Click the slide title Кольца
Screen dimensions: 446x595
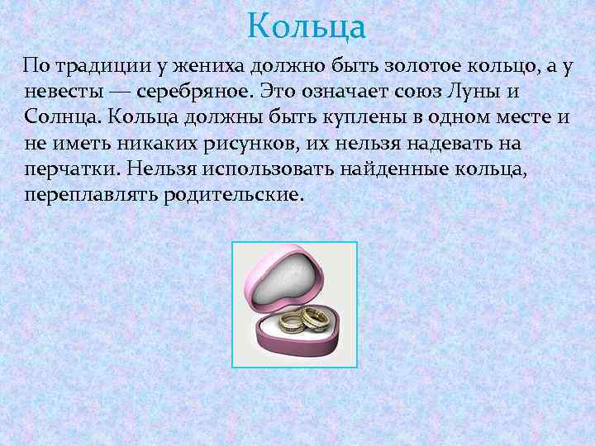click(x=306, y=26)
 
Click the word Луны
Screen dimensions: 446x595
click(x=490, y=90)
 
